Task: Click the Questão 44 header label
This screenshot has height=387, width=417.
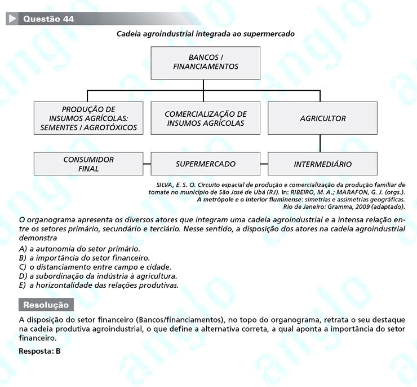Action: coord(48,19)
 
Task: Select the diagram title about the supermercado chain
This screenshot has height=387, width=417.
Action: coord(205,34)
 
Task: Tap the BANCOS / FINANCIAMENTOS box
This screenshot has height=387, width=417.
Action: coord(206,62)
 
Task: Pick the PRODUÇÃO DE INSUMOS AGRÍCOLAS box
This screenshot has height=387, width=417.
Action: coord(89,118)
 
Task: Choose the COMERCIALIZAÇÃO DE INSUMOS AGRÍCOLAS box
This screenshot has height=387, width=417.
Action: coord(206,118)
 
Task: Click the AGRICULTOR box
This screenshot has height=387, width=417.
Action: coord(322,118)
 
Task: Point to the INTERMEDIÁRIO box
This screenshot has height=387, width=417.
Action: coord(322,164)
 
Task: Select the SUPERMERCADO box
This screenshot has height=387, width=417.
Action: coord(206,164)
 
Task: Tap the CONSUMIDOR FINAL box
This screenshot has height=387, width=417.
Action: coord(89,164)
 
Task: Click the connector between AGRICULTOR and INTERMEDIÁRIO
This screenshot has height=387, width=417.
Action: coord(320,144)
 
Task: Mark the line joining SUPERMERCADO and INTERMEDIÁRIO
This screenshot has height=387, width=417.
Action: coord(264,164)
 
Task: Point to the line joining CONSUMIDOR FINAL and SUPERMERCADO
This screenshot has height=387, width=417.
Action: coord(148,164)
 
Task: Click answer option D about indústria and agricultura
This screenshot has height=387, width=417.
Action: coord(98,276)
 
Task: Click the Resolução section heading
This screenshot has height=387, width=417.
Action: coord(46,305)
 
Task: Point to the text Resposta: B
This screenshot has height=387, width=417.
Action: coord(39,351)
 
